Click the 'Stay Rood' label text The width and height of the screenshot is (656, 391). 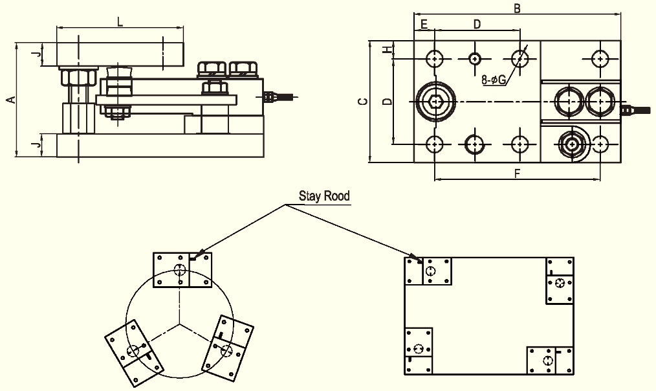(323, 195)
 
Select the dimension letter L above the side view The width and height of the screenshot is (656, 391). (120, 21)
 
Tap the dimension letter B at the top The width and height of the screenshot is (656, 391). (517, 8)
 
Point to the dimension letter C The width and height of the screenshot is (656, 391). (363, 102)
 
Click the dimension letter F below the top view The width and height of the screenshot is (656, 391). (517, 173)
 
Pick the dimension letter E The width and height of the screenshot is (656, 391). (424, 24)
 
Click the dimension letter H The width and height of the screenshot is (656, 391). (386, 50)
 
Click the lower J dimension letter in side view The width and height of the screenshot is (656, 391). (38, 145)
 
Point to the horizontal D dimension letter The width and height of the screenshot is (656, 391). (477, 24)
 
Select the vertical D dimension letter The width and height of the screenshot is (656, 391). (386, 102)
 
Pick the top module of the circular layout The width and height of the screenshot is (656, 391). (181, 270)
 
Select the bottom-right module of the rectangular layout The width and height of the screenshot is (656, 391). (549, 360)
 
